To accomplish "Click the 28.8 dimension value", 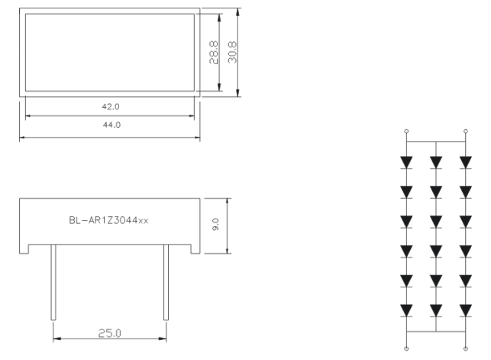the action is tap(214, 52).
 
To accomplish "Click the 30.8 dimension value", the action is tap(232, 52).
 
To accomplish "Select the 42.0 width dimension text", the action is tap(111, 107).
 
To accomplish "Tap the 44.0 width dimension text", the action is tap(111, 125).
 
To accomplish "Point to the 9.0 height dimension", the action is tap(215, 225).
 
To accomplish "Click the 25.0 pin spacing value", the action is tap(110, 333).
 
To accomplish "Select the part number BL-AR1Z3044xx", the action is tap(108, 221).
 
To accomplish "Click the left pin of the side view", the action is tap(53, 282).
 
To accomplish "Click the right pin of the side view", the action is tap(166, 282).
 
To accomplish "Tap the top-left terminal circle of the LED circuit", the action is tap(406, 131).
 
